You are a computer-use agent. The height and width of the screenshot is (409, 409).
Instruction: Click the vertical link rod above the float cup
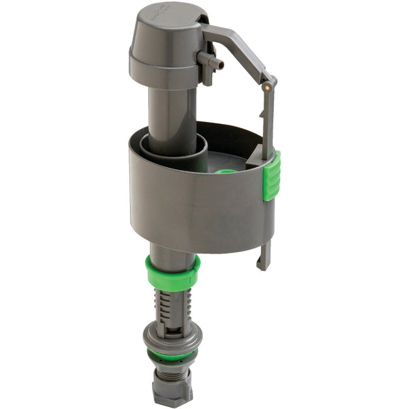pyautogui.click(x=268, y=117)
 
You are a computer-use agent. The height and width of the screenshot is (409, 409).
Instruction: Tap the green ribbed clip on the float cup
pyautogui.click(x=273, y=175)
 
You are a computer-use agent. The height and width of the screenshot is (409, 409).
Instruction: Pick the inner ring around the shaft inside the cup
pyautogui.click(x=175, y=153)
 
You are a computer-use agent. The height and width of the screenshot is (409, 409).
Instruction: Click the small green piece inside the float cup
pyautogui.click(x=226, y=172)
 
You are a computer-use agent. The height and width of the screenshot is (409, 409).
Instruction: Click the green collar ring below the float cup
pyautogui.click(x=172, y=273)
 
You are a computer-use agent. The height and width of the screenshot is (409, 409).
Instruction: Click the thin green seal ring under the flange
pyautogui.click(x=172, y=356)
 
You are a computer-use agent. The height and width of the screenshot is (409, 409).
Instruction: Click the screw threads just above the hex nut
pyautogui.click(x=172, y=373)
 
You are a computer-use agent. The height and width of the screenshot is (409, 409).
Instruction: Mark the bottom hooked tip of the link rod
pyautogui.click(x=264, y=263)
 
